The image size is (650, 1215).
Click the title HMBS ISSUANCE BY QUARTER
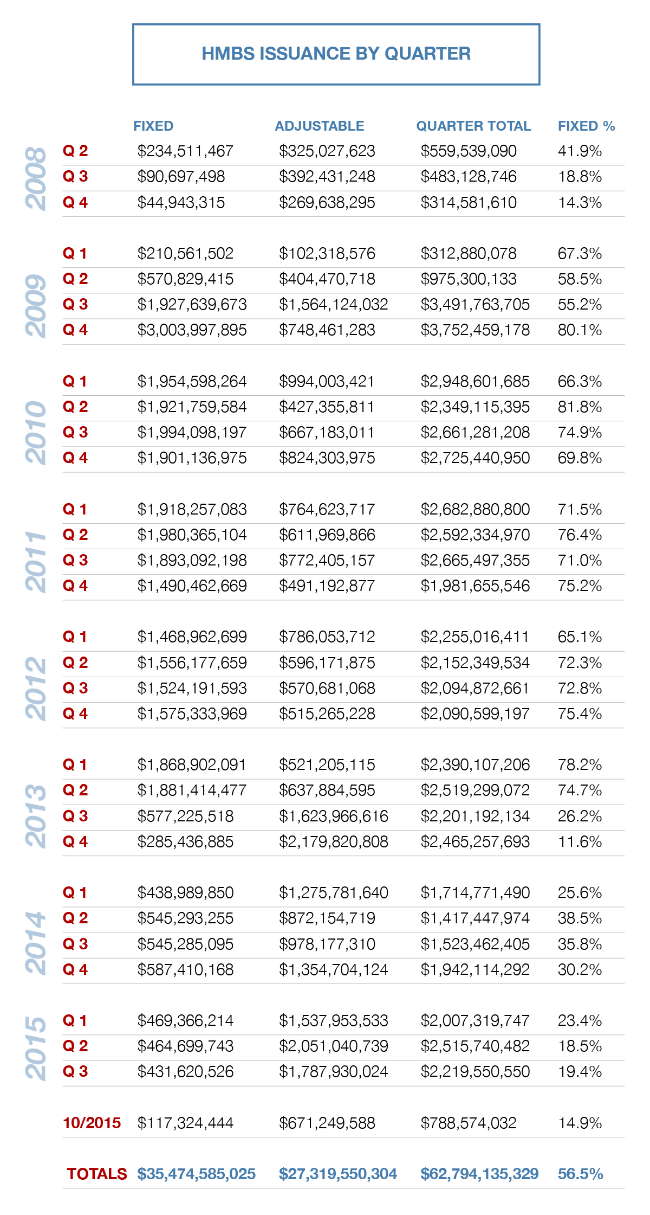(336, 54)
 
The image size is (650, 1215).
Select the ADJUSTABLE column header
(320, 126)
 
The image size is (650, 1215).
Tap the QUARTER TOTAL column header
(473, 126)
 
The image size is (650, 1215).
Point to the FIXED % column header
(587, 126)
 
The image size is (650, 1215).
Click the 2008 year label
(36, 178)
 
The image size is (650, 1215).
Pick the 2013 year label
(36, 816)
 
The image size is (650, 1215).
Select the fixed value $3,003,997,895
(192, 330)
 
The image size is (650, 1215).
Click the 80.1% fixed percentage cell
(580, 330)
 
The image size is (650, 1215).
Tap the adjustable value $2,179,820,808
(334, 841)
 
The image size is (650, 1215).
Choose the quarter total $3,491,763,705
(475, 304)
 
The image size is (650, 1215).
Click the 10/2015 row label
(92, 1123)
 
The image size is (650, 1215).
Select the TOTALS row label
(96, 1174)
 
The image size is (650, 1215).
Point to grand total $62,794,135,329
(479, 1174)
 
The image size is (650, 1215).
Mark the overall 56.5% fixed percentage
(580, 1174)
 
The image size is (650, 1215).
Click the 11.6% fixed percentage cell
(580, 841)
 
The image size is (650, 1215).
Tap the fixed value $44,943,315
(181, 202)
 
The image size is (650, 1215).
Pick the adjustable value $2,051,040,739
(334, 1046)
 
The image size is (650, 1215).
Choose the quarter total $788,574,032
(469, 1123)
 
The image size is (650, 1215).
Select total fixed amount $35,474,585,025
(196, 1174)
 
